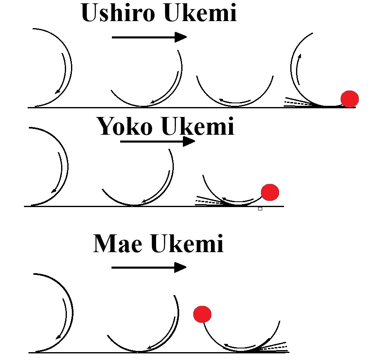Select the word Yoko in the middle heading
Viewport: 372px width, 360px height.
(125, 127)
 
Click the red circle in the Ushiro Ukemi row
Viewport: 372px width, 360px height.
(349, 99)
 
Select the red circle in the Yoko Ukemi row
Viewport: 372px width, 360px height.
(270, 192)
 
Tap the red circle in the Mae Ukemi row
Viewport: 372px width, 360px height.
(202, 315)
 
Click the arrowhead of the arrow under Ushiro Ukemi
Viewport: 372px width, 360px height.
(181, 37)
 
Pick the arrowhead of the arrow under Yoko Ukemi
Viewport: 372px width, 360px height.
(189, 141)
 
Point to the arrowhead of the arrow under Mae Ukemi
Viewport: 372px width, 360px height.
(181, 267)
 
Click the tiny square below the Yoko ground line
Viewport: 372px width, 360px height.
(260, 209)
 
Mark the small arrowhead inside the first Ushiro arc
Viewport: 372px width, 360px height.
(57, 91)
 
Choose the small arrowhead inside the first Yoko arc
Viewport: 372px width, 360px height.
(54, 191)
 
